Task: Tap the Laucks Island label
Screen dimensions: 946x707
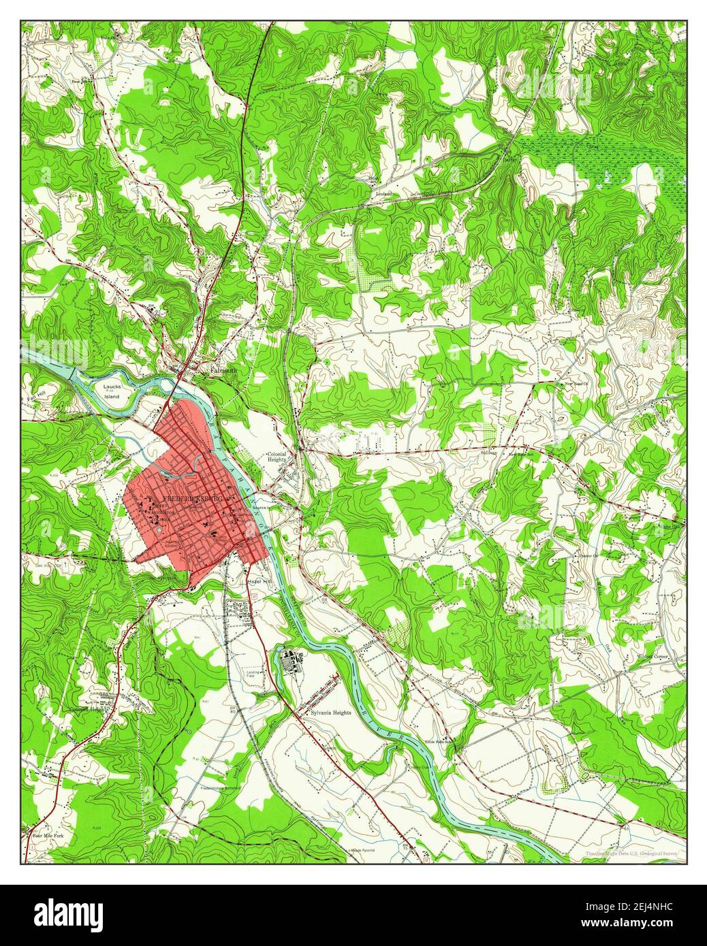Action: coord(112,391)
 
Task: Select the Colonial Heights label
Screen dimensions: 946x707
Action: coord(277,457)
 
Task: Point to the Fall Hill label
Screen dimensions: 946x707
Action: coord(35,397)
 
